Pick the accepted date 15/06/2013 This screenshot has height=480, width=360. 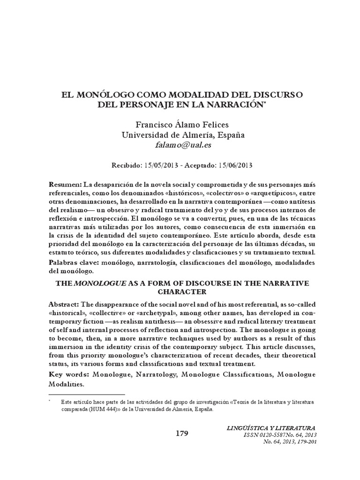coord(235,165)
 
